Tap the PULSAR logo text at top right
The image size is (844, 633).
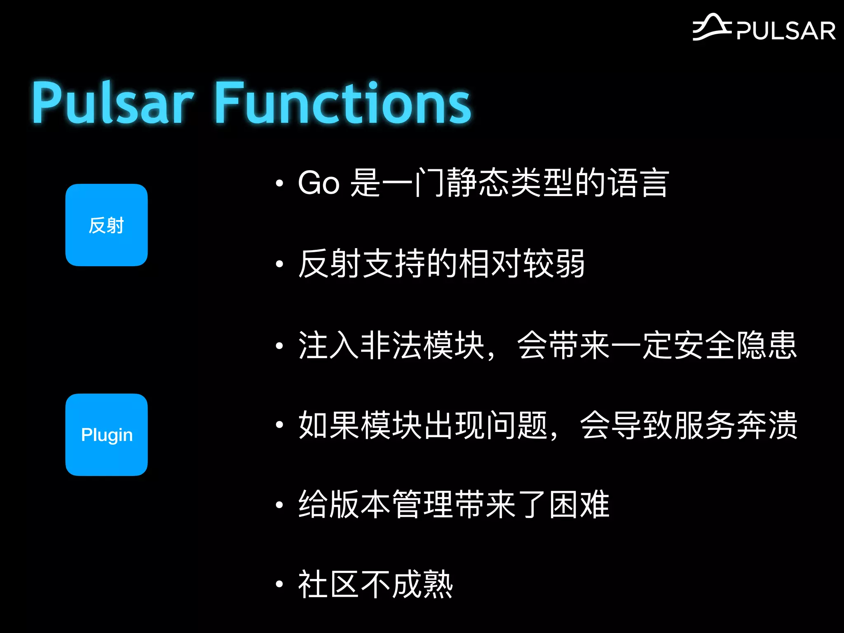(x=785, y=31)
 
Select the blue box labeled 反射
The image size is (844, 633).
(x=106, y=225)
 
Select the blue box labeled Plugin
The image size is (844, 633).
(x=106, y=435)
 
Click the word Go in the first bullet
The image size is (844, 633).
(x=319, y=183)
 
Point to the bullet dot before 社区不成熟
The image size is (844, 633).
(x=279, y=584)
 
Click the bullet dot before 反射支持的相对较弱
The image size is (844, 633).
(x=279, y=264)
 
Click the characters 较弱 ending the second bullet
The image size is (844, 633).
(x=553, y=264)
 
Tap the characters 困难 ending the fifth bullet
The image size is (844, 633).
(x=579, y=504)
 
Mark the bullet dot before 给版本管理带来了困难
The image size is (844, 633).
(x=279, y=504)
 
